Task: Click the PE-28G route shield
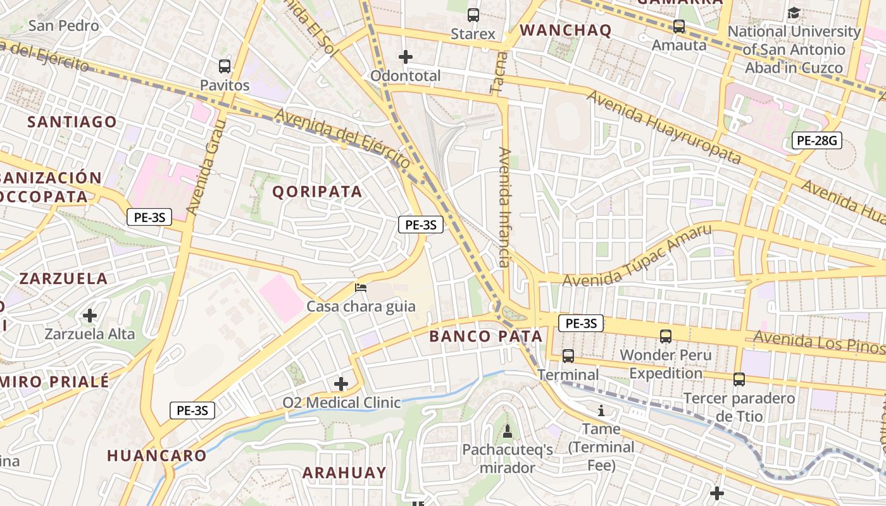(x=817, y=140)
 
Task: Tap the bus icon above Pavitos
(x=224, y=66)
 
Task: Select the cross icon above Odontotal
(x=406, y=57)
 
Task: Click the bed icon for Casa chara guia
(x=361, y=288)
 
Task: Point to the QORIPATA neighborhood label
(x=317, y=192)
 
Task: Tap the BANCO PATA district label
(x=485, y=336)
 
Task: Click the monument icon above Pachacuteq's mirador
(x=507, y=431)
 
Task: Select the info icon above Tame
(x=601, y=411)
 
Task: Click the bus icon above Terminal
(x=568, y=356)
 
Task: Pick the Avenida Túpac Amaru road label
(x=637, y=256)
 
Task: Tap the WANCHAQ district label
(x=565, y=30)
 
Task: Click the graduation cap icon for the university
(x=794, y=13)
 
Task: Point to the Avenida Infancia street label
(x=504, y=207)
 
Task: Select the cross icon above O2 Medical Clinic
(x=341, y=384)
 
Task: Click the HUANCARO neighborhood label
(x=156, y=455)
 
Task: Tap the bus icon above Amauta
(x=679, y=27)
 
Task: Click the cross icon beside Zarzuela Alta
(x=90, y=315)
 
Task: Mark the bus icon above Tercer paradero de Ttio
(x=739, y=379)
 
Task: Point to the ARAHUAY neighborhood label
(x=344, y=472)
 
